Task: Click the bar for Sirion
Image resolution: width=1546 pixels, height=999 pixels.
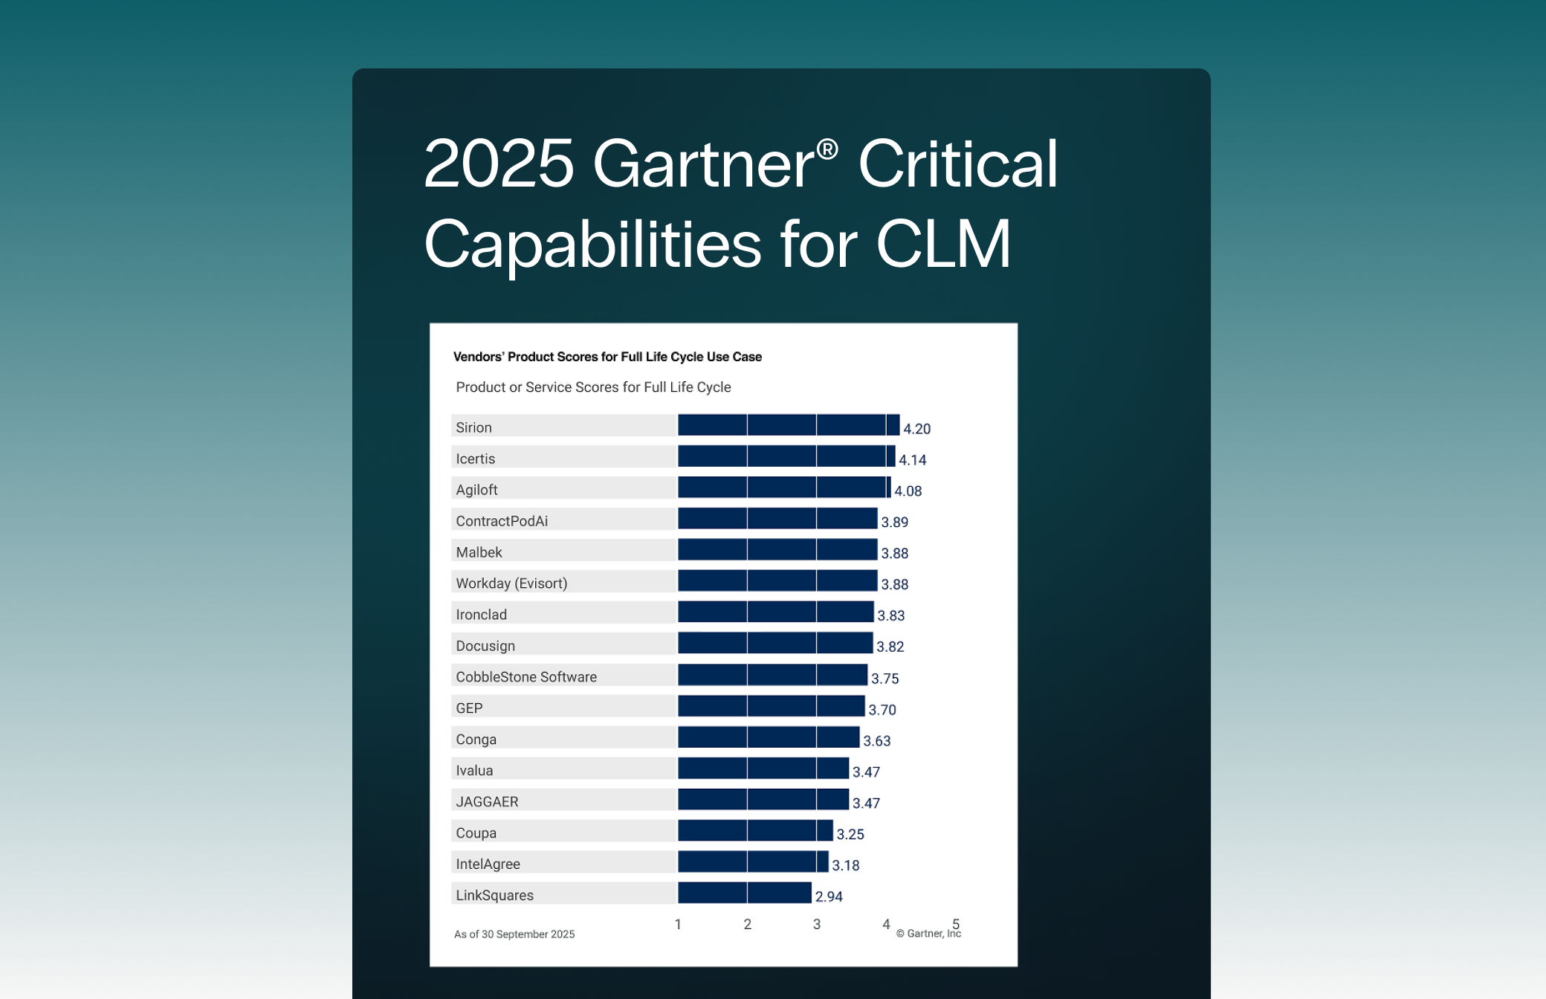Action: click(788, 425)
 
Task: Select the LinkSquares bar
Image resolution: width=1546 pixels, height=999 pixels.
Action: click(744, 893)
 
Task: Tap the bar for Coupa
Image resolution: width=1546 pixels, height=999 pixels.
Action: click(755, 830)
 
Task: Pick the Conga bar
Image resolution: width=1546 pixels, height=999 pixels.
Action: click(769, 737)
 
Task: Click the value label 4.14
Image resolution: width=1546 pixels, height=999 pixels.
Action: click(912, 460)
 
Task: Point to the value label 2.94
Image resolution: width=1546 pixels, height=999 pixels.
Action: click(829, 896)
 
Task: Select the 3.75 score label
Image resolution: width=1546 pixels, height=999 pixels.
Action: click(884, 679)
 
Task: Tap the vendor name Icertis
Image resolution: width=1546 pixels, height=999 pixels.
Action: click(475, 459)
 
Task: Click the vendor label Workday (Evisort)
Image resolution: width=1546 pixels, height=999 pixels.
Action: click(511, 583)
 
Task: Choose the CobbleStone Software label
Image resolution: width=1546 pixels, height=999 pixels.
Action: click(526, 677)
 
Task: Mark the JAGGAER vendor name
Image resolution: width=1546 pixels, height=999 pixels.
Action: click(487, 802)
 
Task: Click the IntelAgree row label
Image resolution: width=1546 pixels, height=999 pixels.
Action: click(488, 864)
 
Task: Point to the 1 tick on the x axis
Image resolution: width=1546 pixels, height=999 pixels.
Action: click(678, 924)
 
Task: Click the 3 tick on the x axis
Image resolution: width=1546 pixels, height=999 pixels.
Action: click(817, 924)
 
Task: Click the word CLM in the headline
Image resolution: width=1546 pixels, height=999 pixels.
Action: click(943, 244)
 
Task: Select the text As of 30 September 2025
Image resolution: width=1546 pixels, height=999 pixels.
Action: click(514, 934)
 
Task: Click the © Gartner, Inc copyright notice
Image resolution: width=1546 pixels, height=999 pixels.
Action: click(928, 934)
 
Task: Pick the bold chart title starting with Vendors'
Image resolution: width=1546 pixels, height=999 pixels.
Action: click(607, 357)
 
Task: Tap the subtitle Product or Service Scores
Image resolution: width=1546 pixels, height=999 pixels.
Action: click(593, 387)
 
